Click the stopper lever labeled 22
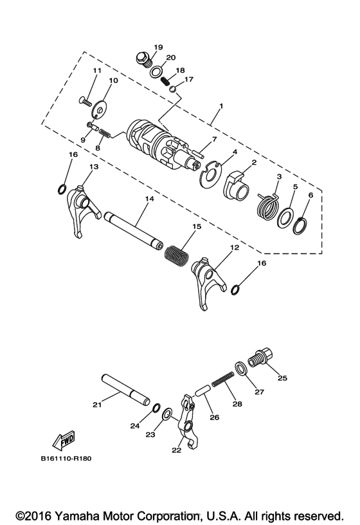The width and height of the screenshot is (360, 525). pos(189,423)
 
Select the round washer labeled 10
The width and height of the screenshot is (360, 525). pos(99,110)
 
